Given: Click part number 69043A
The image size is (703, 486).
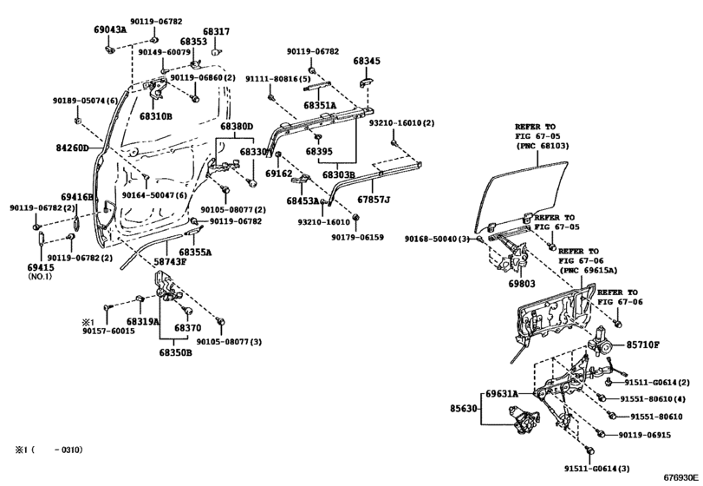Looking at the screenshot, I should (x=110, y=30).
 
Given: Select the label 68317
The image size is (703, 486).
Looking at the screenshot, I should (x=216, y=31).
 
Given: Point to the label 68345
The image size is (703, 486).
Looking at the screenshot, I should (x=367, y=62).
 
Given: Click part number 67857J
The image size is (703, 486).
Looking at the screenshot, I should (x=374, y=200).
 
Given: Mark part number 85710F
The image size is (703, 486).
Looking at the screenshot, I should (x=644, y=345).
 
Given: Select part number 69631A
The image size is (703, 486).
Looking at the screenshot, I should (x=504, y=393).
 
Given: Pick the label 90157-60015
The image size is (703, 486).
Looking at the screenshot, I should (x=108, y=332).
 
